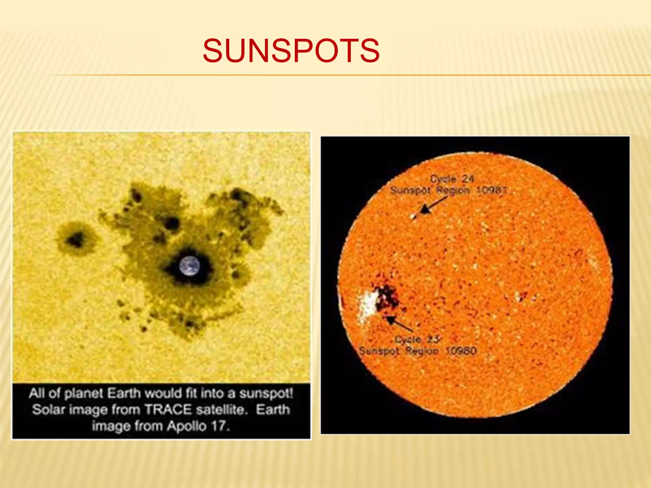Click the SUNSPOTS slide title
[291, 51]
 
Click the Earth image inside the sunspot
[190, 266]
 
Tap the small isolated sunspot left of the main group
[76, 239]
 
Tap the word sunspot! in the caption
[266, 393]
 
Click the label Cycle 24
[452, 179]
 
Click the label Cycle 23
[417, 339]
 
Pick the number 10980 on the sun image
[461, 351]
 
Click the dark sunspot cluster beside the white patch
[387, 297]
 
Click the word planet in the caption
[84, 393]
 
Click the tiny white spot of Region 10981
[413, 217]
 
